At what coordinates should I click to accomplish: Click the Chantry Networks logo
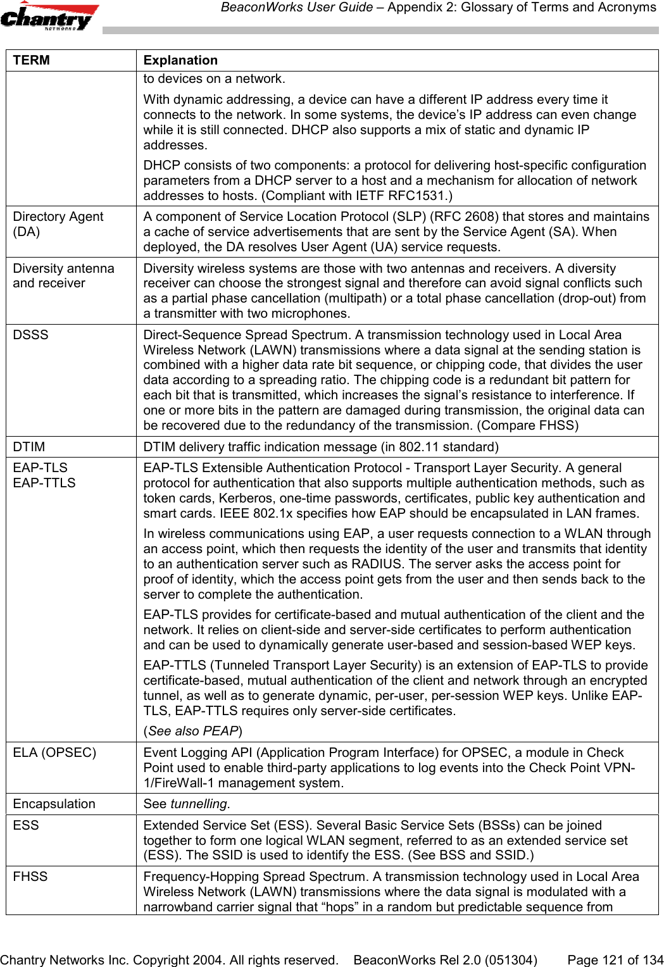(49, 17)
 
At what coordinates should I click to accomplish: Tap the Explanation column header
(180, 60)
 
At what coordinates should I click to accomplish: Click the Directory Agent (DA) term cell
(58, 224)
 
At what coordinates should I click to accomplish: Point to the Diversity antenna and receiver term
(63, 276)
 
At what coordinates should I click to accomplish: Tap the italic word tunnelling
(199, 804)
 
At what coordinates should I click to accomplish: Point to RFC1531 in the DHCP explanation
(423, 196)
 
